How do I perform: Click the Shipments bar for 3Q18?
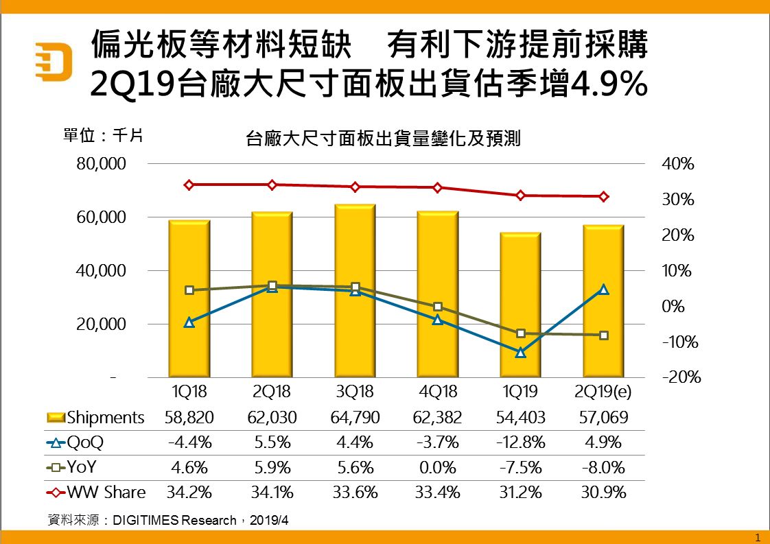(355, 291)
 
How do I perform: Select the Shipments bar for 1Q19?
(520, 305)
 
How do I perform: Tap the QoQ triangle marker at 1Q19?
(520, 352)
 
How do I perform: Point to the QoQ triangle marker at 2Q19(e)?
(603, 289)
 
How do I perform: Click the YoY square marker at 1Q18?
(189, 290)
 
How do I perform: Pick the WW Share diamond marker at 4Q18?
(438, 188)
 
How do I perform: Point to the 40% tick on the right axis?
(678, 165)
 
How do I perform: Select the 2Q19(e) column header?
(603, 393)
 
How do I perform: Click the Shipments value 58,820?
(189, 418)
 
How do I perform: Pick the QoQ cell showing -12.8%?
(520, 442)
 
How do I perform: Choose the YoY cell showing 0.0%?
(438, 468)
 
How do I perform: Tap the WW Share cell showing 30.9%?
(603, 493)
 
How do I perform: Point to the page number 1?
(758, 536)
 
